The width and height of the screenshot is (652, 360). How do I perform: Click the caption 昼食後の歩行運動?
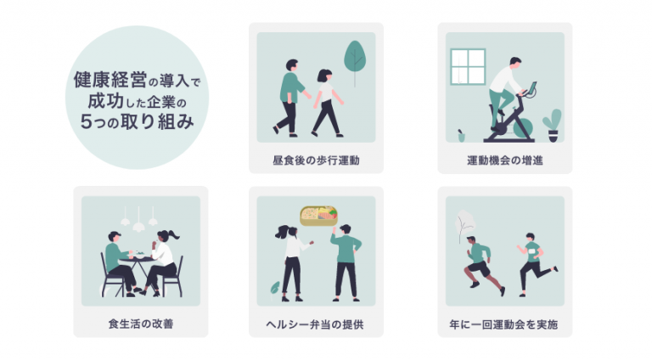[x=316, y=160]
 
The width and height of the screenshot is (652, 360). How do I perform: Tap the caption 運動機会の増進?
[x=504, y=160]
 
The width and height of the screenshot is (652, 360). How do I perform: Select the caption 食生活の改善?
[x=141, y=324]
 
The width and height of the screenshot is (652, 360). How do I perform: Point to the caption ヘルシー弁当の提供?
[x=316, y=324]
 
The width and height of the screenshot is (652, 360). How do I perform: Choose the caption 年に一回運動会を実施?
[x=504, y=324]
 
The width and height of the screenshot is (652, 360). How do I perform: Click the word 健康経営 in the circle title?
[x=110, y=82]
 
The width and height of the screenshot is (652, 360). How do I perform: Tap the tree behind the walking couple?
[x=355, y=59]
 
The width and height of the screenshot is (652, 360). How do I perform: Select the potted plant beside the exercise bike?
[x=553, y=124]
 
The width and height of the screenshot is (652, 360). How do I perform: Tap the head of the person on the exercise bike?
[x=515, y=63]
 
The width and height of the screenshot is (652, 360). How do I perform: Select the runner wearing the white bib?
[x=532, y=259]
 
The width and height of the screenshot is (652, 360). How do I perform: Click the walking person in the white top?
[x=325, y=102]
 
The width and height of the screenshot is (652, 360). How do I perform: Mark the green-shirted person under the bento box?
[x=345, y=259]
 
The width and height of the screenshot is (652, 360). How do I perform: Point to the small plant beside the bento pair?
[x=275, y=289]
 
